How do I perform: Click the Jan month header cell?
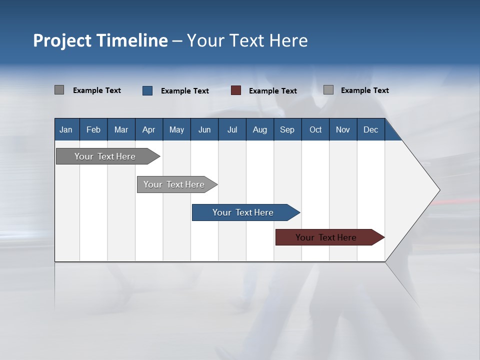pos(66,129)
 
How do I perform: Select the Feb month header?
pos(93,129)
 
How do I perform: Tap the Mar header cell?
pos(121,129)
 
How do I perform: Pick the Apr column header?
pos(149,129)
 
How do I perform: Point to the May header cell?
pos(176,129)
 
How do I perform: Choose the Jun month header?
pos(204,129)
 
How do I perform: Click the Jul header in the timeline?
pos(232,129)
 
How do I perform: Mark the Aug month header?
pos(260,129)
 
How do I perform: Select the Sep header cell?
pos(287,129)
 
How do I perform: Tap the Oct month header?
pos(315,129)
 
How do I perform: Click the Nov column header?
pos(343,129)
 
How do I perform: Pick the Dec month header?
pos(371,129)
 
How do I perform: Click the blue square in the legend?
pos(147,90)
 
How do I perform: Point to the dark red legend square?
pos(236,90)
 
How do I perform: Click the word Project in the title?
pos(62,40)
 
